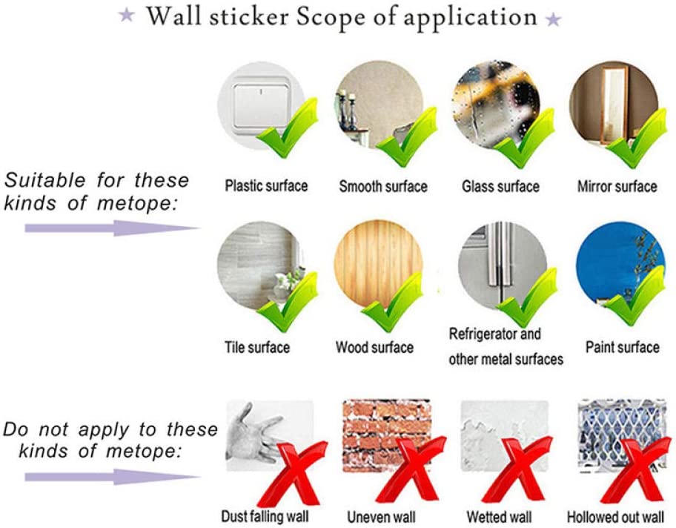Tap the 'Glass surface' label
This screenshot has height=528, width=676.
[500, 186]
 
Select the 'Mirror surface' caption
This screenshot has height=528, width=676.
[617, 186]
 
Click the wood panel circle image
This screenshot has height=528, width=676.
[378, 265]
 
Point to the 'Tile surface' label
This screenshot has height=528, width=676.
[257, 347]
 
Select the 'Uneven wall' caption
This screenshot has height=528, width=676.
[381, 517]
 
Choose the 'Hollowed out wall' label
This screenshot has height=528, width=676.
[615, 517]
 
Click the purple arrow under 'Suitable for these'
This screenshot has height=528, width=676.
[113, 228]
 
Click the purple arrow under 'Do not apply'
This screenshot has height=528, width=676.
[113, 477]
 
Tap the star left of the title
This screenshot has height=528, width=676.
[127, 15]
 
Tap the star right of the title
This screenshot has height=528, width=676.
[553, 19]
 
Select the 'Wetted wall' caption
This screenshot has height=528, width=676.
[499, 517]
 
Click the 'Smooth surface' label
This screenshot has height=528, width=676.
[382, 186]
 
